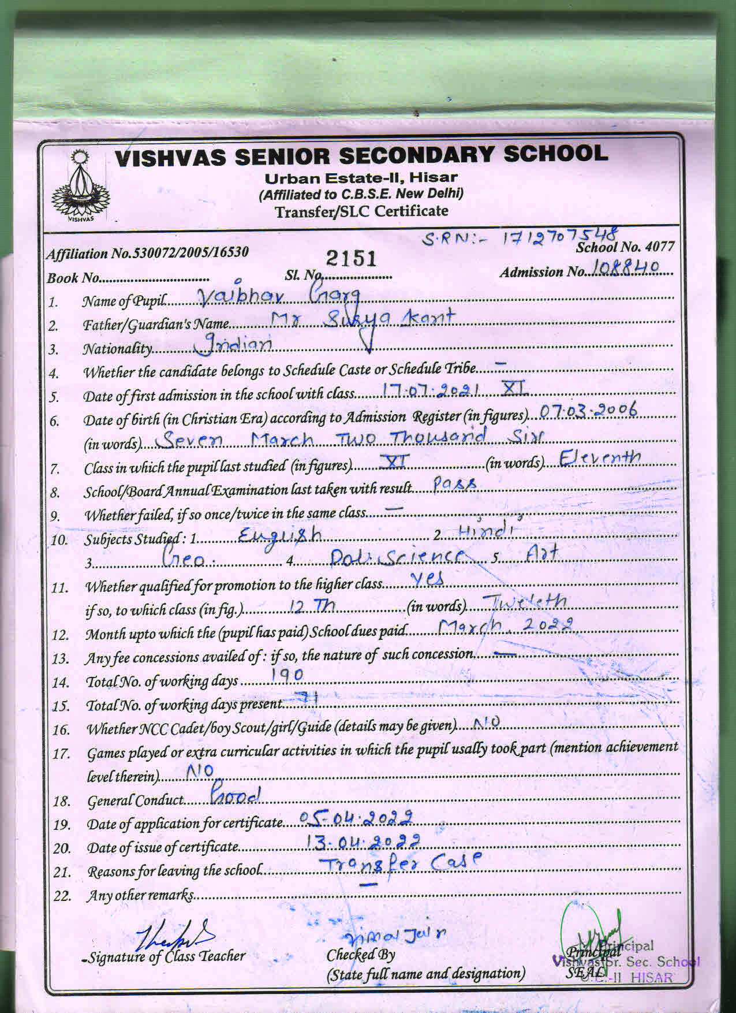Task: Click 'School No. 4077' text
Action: (x=625, y=247)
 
